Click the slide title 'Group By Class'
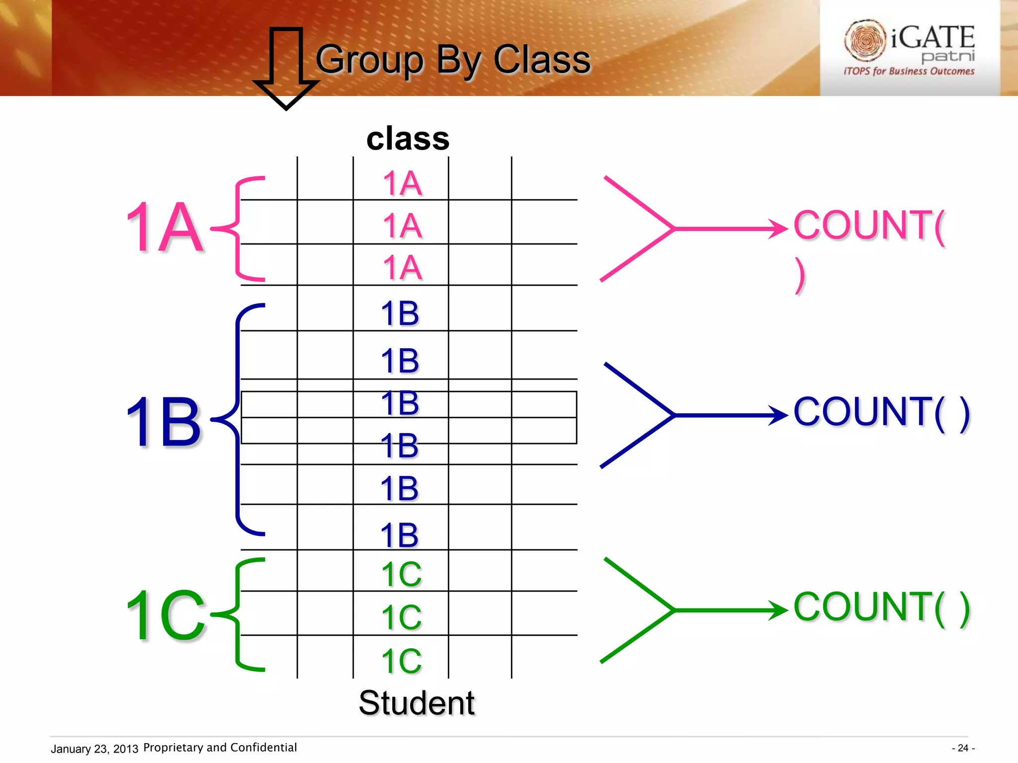click(x=453, y=60)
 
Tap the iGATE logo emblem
click(x=865, y=40)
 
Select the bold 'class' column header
click(x=408, y=139)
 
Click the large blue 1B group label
click(x=164, y=422)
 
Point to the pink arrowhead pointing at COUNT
click(x=778, y=229)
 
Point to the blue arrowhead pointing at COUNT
click(x=778, y=415)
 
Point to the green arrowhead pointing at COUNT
click(x=778, y=610)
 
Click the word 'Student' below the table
click(x=417, y=703)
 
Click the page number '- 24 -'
click(x=963, y=748)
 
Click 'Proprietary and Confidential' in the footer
click(x=220, y=748)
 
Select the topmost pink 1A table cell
click(x=402, y=183)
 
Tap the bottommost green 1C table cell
click(x=401, y=661)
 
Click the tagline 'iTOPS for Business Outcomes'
click(x=909, y=72)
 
